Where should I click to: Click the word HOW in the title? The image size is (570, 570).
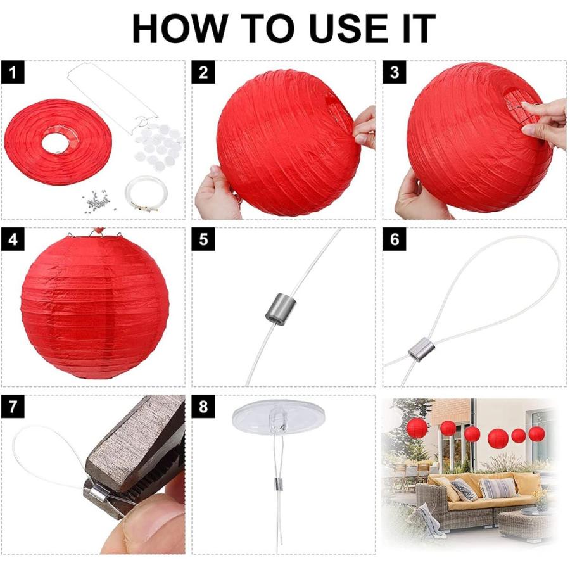[179, 28]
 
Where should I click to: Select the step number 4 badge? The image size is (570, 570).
[13, 240]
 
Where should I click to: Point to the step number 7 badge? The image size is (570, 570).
[13, 408]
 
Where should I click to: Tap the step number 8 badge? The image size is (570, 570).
[203, 408]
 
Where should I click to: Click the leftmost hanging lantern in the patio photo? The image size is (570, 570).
[417, 428]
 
